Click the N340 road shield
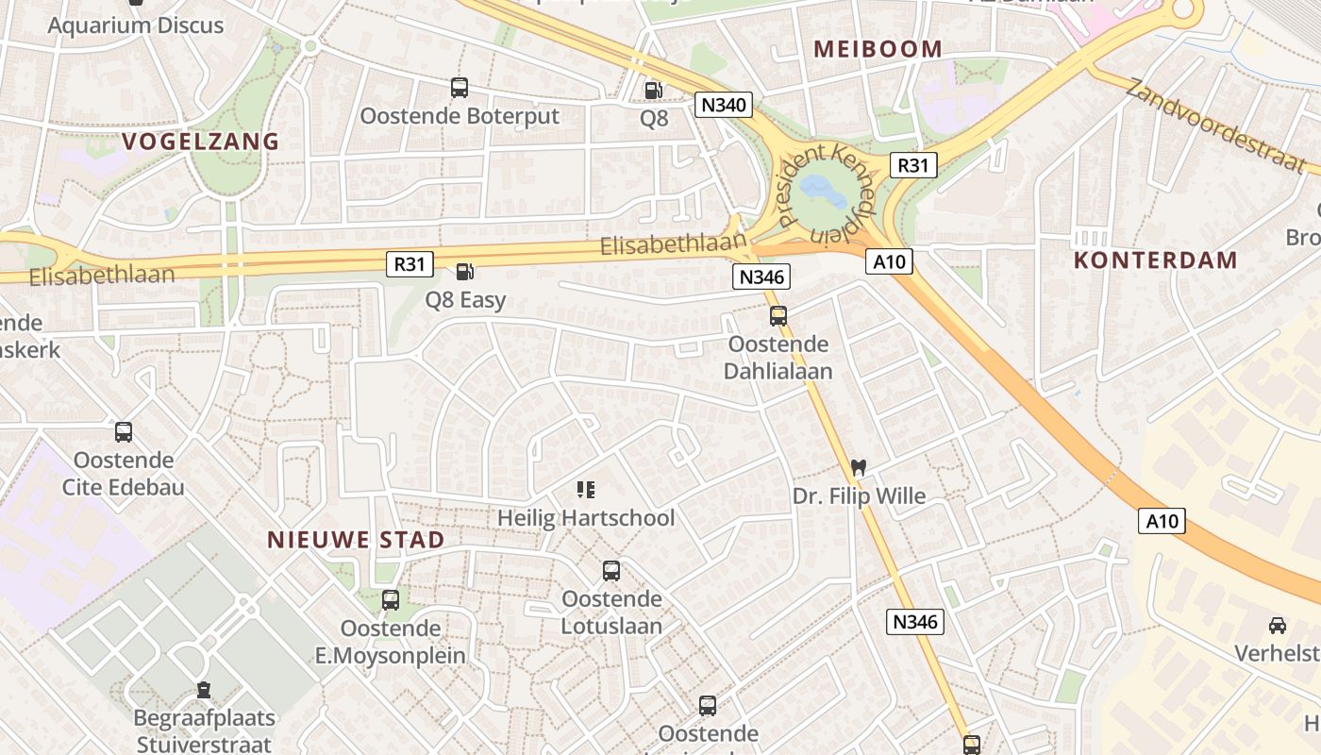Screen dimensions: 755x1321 [724, 104]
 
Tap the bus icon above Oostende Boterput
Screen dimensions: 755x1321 [460, 88]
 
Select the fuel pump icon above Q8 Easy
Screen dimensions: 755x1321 [464, 272]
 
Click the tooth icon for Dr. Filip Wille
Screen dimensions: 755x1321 [858, 467]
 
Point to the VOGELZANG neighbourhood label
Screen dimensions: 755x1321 [201, 142]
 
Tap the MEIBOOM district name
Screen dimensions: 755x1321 [878, 49]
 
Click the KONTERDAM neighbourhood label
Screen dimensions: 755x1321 [1156, 260]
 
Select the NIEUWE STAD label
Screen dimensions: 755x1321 [356, 540]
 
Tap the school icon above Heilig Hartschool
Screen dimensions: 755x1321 [586, 490]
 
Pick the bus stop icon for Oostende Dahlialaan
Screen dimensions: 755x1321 [778, 316]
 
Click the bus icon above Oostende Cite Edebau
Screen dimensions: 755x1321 [124, 432]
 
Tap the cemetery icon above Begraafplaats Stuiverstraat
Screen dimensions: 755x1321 [204, 691]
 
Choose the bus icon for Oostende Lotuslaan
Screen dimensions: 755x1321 [611, 571]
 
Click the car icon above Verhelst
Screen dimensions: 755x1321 [1278, 625]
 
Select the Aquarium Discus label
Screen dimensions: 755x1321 [136, 25]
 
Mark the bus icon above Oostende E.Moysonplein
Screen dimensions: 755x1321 [391, 600]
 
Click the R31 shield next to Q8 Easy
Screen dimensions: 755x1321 [410, 264]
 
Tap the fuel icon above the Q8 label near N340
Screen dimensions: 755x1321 [652, 91]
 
